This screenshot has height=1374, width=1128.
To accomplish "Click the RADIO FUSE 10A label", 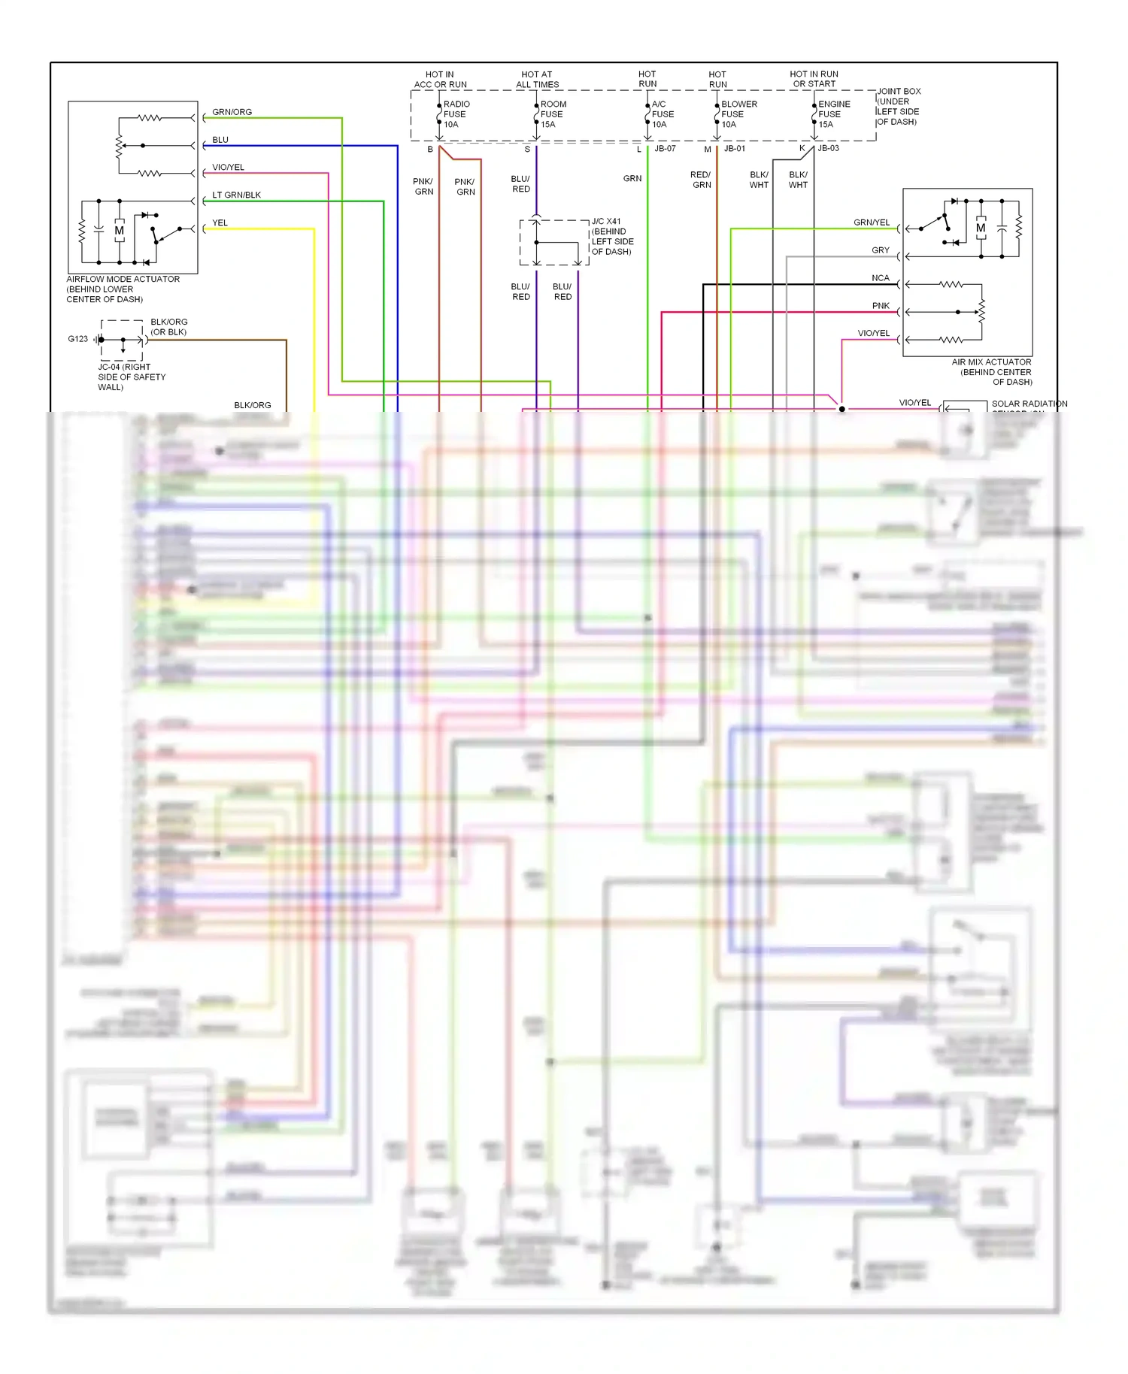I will click(x=456, y=114).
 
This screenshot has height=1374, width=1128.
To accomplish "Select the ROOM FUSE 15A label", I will click(x=553, y=114).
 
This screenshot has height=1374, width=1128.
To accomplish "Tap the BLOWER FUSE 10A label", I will click(x=738, y=114).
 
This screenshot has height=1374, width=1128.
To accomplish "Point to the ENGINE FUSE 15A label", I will click(x=833, y=114).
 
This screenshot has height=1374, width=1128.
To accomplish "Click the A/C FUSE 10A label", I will click(x=662, y=114).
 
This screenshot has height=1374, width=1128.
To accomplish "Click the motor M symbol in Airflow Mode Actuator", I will click(x=119, y=230).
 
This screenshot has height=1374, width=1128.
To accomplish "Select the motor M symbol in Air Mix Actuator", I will click(x=981, y=228).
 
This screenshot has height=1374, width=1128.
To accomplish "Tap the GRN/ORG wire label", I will click(x=232, y=112).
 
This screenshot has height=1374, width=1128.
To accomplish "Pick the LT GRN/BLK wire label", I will click(x=236, y=195).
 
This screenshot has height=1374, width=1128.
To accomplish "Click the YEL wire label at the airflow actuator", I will click(x=220, y=222).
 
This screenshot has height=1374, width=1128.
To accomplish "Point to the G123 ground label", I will click(x=77, y=339).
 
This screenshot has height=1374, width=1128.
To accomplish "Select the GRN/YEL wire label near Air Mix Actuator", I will click(x=871, y=222).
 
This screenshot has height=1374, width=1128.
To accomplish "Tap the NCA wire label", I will click(x=880, y=278).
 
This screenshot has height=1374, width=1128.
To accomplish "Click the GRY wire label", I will click(x=880, y=250).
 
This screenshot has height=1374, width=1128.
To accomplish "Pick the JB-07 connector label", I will click(x=665, y=149).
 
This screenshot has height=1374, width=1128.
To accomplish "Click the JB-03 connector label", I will click(x=828, y=149).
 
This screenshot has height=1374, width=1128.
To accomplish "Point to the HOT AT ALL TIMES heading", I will click(x=537, y=80).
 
